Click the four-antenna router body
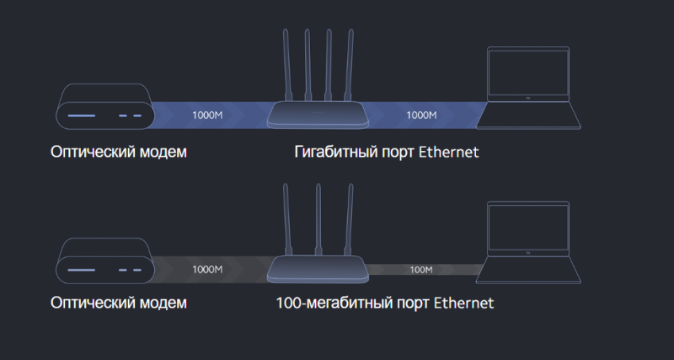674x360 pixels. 318,115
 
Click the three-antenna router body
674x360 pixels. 318,269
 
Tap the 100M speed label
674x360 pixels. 420,270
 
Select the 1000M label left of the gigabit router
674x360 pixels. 207,115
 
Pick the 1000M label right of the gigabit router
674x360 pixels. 421,115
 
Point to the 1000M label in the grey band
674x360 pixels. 207,269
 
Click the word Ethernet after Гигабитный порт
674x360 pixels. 448,152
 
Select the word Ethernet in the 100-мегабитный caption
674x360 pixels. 464,303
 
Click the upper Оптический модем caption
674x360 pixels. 119,152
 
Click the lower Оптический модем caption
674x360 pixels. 119,303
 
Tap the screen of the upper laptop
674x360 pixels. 528,73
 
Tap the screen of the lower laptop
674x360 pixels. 528,228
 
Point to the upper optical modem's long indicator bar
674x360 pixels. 81,116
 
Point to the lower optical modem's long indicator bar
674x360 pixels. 81,270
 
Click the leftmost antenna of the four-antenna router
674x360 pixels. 286,66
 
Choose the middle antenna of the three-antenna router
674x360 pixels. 318,220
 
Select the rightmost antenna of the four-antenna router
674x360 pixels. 350,66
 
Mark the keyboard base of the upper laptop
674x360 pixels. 528,116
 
